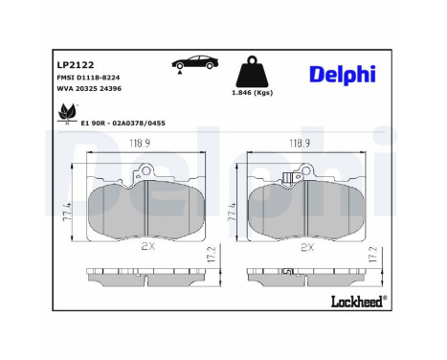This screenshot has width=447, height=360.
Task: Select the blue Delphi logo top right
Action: pos(342,75)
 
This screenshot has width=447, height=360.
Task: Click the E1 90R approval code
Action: pos(123,124)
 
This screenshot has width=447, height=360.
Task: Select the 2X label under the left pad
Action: pos(145,246)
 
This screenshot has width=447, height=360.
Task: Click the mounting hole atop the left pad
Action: pos(145,173)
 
